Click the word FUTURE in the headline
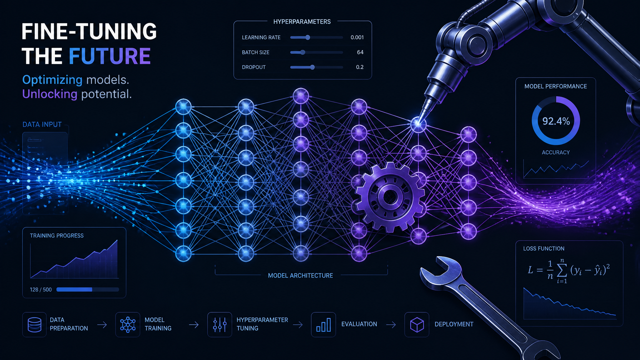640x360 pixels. [110, 56]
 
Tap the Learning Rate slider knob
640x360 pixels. [307, 37]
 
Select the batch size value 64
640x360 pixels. [360, 52]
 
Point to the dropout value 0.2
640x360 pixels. [360, 67]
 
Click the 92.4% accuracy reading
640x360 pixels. [556, 121]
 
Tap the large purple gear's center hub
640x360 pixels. [390, 197]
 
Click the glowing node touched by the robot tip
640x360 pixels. [418, 125]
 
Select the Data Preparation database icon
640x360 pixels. [34, 325]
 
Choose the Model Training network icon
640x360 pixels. [128, 325]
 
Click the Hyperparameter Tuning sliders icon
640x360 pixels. [220, 325]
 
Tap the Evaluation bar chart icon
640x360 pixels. [323, 325]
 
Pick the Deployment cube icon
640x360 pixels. [417, 325]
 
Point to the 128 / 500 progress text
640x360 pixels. [41, 290]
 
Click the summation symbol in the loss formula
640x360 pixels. [562, 271]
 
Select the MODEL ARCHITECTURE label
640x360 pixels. [300, 276]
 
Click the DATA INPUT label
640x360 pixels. [42, 124]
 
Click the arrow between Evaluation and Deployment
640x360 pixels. [391, 325]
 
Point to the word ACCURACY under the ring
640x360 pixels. [556, 152]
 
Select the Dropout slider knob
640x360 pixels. [312, 67]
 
